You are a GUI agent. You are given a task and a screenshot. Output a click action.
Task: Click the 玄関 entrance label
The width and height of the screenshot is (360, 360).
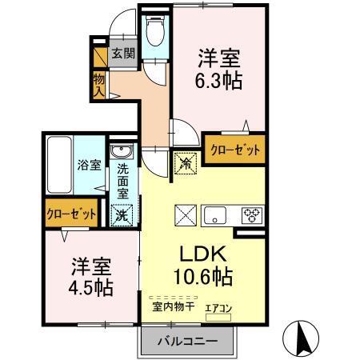(x=122, y=54)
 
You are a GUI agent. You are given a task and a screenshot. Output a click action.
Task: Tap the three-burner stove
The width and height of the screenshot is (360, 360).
(x=252, y=215)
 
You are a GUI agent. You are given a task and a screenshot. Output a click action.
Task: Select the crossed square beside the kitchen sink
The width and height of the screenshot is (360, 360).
(x=185, y=215)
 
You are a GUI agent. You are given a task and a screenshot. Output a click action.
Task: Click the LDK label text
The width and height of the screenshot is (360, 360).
(x=203, y=255)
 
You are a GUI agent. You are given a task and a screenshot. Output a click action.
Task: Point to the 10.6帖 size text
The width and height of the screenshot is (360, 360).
(x=203, y=278)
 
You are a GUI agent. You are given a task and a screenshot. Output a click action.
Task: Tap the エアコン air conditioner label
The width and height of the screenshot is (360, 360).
(x=218, y=306)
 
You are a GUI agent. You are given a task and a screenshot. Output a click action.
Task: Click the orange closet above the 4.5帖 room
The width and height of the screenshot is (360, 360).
(x=71, y=214)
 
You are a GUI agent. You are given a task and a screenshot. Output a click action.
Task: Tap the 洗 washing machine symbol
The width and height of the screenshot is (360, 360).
(x=123, y=214)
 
